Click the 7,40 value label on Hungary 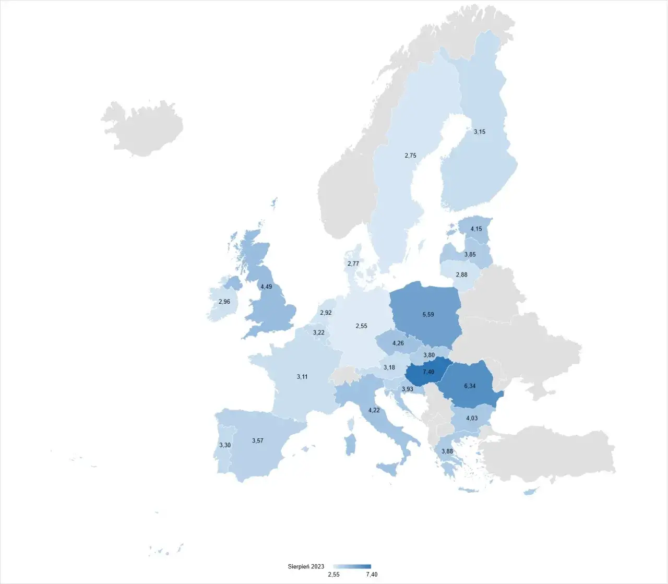[x=428, y=372]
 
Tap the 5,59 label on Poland [x=428, y=315]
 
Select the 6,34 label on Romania [x=470, y=386]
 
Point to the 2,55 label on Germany [x=361, y=326]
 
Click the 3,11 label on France [x=302, y=377]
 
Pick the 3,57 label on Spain [x=258, y=441]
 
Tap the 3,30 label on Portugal [x=225, y=445]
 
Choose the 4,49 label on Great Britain [x=266, y=287]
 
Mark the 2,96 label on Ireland [x=224, y=302]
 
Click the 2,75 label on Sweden [x=410, y=156]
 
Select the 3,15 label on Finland [x=480, y=132]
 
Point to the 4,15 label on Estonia [x=476, y=229]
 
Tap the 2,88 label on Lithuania [x=461, y=275]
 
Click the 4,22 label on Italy [x=374, y=410]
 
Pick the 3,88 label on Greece [x=447, y=451]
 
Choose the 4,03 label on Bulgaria [x=472, y=419]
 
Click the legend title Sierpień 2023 [x=306, y=566]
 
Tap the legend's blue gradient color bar [x=352, y=566]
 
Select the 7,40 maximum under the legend [x=372, y=575]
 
